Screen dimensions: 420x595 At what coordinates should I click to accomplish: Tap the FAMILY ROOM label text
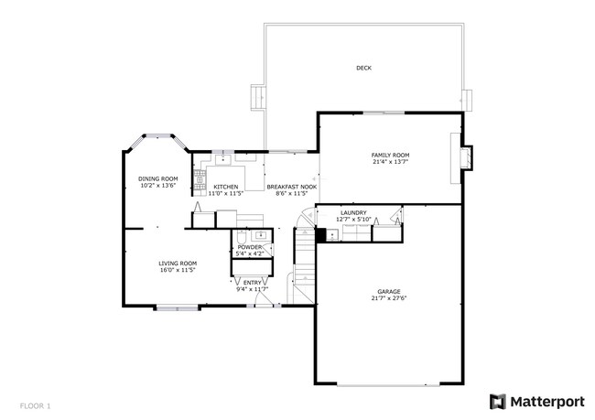tap(389, 155)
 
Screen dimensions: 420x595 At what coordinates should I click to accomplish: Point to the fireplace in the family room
tap(465, 157)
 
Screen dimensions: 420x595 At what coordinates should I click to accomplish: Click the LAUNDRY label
tap(352, 212)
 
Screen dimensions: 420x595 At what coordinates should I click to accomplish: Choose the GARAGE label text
tap(389, 291)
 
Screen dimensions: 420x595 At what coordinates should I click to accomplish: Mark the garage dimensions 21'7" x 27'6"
tap(389, 298)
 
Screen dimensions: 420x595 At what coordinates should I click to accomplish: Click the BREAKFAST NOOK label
tap(292, 187)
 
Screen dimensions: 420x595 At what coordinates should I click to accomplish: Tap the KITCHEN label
tap(226, 187)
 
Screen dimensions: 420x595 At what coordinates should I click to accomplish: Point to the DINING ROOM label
tap(157, 178)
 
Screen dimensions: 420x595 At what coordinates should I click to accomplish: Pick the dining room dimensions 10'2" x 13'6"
tap(157, 186)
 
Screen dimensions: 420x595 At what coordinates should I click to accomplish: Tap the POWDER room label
tap(250, 247)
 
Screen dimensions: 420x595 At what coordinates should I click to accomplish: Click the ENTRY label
tap(253, 283)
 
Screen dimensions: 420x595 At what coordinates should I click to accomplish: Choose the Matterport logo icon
tap(498, 401)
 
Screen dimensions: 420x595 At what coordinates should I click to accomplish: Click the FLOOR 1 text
tap(35, 404)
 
